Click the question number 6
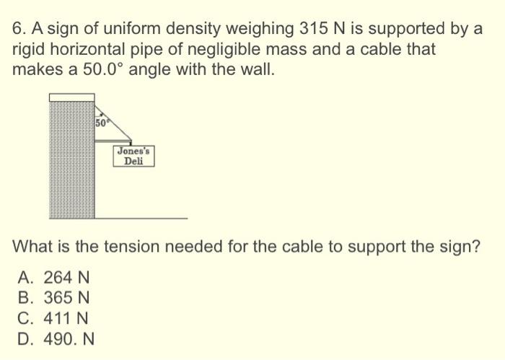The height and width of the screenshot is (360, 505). pos(17,30)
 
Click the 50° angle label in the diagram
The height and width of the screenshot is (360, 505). pos(102,122)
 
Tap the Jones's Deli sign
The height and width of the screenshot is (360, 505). pos(133,156)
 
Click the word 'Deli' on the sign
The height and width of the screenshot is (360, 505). pos(133,162)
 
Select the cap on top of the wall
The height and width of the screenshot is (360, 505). pos(72,97)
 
